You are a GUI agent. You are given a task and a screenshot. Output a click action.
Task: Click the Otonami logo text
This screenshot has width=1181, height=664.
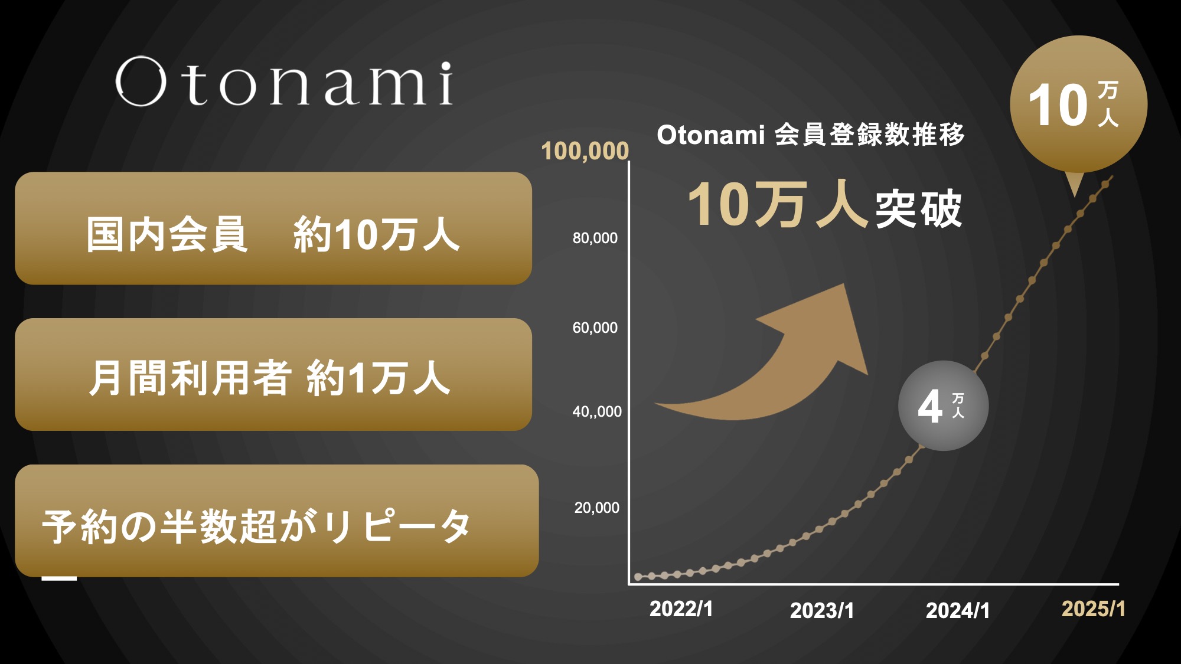click(285, 82)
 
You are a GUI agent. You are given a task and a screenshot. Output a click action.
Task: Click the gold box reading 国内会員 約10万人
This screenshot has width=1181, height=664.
click(273, 228)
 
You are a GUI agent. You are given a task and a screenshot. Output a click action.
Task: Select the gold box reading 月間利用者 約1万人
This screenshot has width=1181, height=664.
click(273, 374)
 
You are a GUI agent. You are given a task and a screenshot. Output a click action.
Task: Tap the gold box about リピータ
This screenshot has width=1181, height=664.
click(277, 521)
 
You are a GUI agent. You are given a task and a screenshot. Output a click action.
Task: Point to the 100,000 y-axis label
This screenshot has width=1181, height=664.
click(585, 151)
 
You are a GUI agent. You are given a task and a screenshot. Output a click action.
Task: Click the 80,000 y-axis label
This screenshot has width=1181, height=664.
click(595, 238)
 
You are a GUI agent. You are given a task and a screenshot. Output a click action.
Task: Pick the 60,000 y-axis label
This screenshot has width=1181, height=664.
click(595, 328)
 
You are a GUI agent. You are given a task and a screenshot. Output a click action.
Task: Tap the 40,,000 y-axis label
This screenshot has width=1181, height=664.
click(597, 411)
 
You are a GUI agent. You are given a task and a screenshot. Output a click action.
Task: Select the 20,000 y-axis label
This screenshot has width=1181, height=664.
click(597, 508)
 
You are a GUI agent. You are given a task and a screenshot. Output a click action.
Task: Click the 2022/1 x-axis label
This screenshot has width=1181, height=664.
click(681, 609)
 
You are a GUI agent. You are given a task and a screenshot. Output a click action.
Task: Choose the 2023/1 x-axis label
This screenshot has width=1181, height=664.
click(822, 610)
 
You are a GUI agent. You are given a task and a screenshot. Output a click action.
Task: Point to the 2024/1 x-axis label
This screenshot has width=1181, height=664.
click(958, 610)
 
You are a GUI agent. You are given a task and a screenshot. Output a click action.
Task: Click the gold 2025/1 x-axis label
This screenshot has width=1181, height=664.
click(1094, 609)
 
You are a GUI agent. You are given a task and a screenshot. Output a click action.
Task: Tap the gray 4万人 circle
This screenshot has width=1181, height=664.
click(944, 405)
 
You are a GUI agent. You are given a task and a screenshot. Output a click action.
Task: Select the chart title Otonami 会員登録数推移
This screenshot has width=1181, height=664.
click(811, 135)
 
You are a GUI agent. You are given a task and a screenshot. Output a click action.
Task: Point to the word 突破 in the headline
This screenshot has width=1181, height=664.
click(919, 208)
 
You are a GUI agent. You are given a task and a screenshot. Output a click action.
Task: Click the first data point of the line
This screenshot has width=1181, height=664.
click(638, 577)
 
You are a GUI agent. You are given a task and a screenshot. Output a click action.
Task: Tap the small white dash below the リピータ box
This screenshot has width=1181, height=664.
click(59, 578)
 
